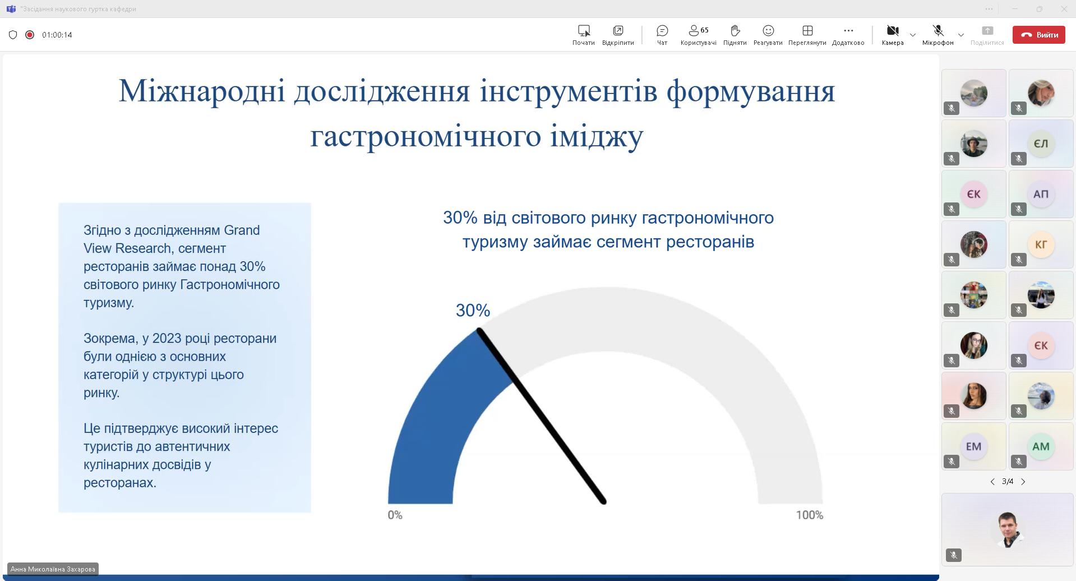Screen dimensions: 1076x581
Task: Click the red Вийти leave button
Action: click(1038, 35)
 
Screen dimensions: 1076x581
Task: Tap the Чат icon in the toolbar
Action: click(662, 31)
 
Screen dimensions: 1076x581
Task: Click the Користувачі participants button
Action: click(698, 35)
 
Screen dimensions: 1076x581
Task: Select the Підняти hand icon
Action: click(735, 31)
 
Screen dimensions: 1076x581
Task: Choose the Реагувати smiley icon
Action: click(768, 31)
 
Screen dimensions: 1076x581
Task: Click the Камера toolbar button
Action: click(893, 35)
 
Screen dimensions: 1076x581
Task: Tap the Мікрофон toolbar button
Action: click(938, 35)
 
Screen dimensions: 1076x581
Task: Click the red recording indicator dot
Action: click(30, 35)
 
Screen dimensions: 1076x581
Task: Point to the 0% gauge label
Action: click(395, 515)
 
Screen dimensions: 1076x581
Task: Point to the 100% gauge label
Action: click(810, 515)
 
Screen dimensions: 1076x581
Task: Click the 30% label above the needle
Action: click(473, 310)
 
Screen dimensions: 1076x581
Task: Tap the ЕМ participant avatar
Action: click(973, 446)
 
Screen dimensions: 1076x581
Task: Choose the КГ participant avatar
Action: click(1041, 245)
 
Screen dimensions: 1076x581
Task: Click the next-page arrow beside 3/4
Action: click(1023, 482)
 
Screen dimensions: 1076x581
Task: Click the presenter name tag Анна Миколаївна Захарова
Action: click(53, 569)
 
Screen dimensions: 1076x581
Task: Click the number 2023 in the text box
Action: click(167, 339)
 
